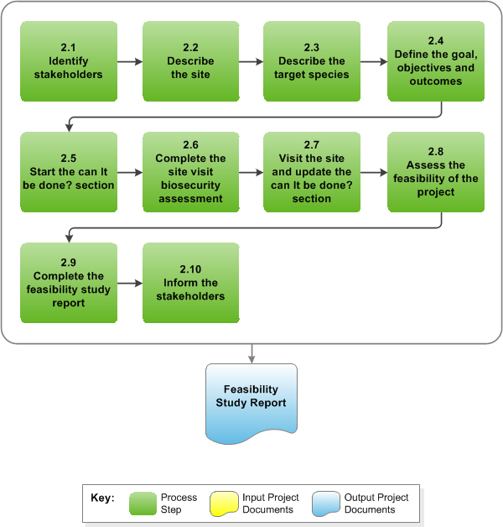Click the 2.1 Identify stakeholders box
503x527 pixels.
pyautogui.click(x=68, y=61)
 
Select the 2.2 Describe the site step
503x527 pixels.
pyautogui.click(x=191, y=61)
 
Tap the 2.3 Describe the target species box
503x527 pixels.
pyautogui.click(x=311, y=61)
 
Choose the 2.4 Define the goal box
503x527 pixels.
pyautogui.click(x=435, y=61)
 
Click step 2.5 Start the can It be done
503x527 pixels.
pyautogui.click(x=68, y=172)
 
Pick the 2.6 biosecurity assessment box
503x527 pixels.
pyautogui.click(x=191, y=172)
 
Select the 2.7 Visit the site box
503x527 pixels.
pyautogui.click(x=311, y=172)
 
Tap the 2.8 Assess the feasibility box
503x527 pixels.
pyautogui.click(x=435, y=172)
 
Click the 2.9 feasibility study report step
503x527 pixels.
pyautogui.click(x=68, y=283)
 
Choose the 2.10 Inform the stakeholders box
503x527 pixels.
pyautogui.click(x=191, y=283)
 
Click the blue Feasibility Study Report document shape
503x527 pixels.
pyautogui.click(x=251, y=401)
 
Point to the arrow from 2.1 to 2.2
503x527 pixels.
pyautogui.click(x=129, y=61)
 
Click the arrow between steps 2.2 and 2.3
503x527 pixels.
pyautogui.click(x=251, y=61)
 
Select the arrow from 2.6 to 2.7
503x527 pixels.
pyautogui.click(x=251, y=172)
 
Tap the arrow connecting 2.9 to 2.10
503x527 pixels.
pyautogui.click(x=129, y=283)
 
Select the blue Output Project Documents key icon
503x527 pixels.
pyautogui.click(x=326, y=504)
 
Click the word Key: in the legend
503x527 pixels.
pyautogui.click(x=102, y=498)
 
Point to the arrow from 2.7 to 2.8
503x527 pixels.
pyautogui.click(x=373, y=172)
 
